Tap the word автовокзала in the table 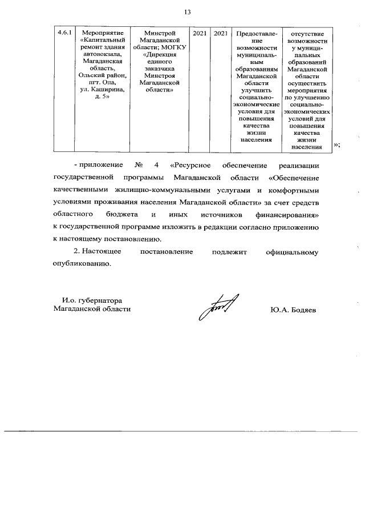102,55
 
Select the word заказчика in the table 159,69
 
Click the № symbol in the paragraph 137,166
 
